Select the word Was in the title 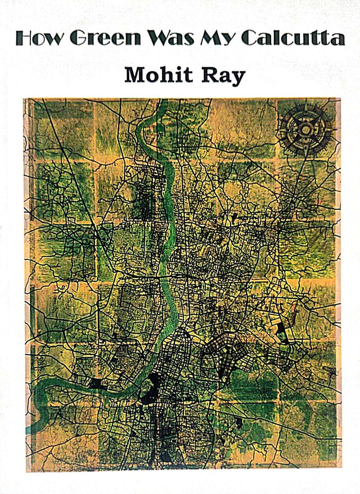172,38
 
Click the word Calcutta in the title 292,38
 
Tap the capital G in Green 79,38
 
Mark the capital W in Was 159,38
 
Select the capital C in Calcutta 249,38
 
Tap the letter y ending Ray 238,78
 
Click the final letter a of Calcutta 338,39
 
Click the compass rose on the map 305,130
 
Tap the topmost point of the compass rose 305,105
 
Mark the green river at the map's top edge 162,104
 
